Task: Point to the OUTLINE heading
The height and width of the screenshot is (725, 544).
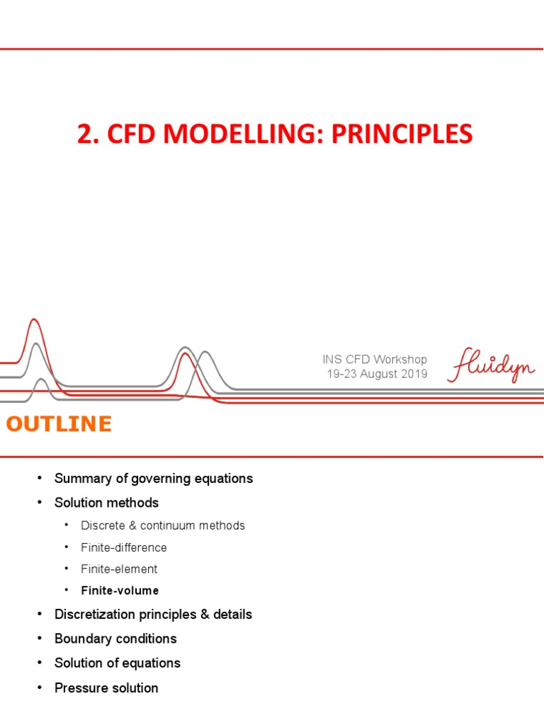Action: [x=59, y=424]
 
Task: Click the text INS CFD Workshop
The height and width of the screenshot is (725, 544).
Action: [x=375, y=360]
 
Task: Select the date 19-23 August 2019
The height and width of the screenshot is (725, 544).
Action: [x=377, y=374]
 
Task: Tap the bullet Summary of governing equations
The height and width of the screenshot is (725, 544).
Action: [x=154, y=479]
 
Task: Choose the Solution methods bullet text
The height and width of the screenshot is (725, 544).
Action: [x=106, y=503]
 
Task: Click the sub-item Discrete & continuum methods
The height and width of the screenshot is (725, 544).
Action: [x=163, y=525]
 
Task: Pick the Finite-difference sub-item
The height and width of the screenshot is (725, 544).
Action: [x=124, y=547]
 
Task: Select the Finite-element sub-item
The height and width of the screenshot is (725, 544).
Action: [x=119, y=569]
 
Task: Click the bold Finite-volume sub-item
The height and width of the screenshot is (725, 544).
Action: [x=120, y=590]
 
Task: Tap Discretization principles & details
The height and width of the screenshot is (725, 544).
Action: [x=153, y=615]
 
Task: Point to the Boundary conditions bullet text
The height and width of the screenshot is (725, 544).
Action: [x=115, y=639]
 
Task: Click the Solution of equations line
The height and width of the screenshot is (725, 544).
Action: [x=118, y=663]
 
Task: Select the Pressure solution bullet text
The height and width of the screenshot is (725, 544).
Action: [x=106, y=687]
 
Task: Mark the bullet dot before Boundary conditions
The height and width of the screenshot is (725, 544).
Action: [x=40, y=639]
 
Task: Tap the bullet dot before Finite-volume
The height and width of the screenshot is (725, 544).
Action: [x=67, y=590]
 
